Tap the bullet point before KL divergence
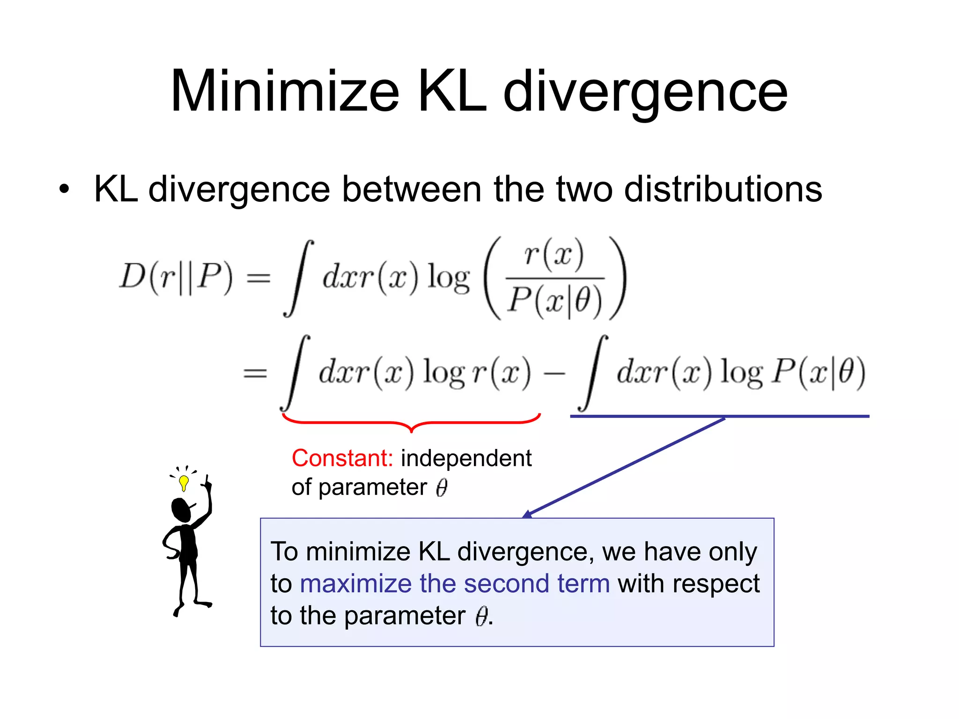(64, 190)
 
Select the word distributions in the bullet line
(723, 189)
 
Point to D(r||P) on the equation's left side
(176, 277)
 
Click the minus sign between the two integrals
(554, 373)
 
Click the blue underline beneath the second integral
(719, 416)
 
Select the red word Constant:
(342, 458)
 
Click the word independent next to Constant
(466, 458)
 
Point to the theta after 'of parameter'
(442, 488)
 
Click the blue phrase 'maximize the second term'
(455, 584)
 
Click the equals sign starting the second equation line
(255, 373)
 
